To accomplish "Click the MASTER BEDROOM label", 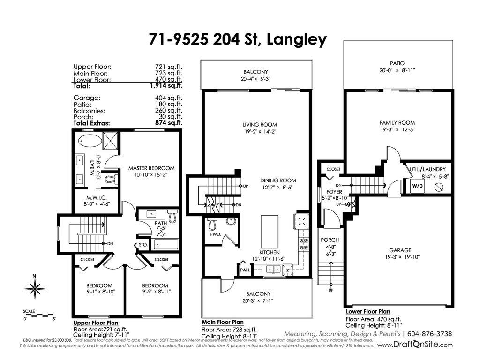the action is coord(151,168).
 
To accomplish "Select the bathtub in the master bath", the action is coord(90,141).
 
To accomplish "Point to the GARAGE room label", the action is coord(400,250).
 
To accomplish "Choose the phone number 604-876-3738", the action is coord(430,334).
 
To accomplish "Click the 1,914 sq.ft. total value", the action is coord(166,86).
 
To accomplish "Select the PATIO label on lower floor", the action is coord(397,63).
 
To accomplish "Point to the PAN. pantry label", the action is coord(245,270).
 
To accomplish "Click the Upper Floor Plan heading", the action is coord(96,322).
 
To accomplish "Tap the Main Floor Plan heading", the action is coord(223,322).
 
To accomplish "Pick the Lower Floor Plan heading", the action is coord(368,312).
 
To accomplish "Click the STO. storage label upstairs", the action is coord(143,245).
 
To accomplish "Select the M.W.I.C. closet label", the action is coord(97,198).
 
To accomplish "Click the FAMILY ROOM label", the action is coord(397,123).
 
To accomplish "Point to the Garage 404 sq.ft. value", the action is coord(168,98).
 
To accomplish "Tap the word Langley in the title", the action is coord(297,40).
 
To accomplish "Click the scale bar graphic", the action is coord(39,315).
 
